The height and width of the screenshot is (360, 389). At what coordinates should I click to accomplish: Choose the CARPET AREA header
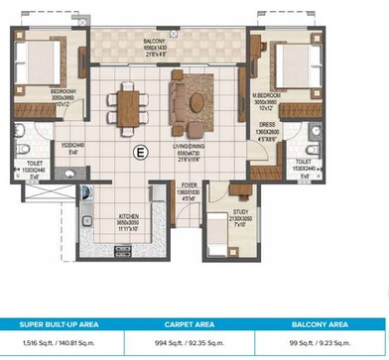(194, 322)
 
